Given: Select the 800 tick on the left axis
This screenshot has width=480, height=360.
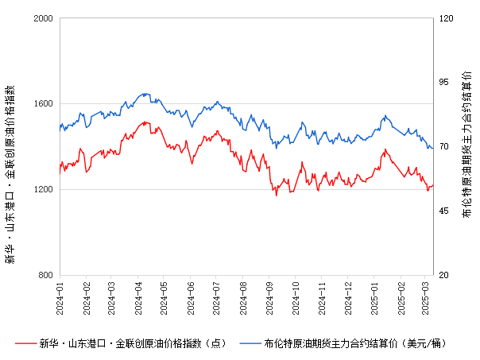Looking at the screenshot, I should tap(46, 275).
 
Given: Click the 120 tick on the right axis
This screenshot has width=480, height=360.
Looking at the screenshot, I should tap(447, 17).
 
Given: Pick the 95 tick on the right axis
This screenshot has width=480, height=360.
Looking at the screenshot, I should tap(444, 82).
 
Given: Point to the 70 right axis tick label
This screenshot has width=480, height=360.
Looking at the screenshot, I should tap(444, 146).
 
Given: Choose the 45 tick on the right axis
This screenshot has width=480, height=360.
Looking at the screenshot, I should tap(444, 211).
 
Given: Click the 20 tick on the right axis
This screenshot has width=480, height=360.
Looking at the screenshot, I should tap(444, 275).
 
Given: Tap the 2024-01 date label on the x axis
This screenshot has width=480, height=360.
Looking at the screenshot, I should tap(60, 296).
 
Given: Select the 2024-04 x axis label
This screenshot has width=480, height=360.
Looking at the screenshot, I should tap(138, 296).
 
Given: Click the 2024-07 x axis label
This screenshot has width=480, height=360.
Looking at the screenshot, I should tap(216, 296).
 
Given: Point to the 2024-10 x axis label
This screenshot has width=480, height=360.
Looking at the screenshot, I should tap(296, 296).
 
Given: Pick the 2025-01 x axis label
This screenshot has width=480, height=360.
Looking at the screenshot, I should tap(375, 296).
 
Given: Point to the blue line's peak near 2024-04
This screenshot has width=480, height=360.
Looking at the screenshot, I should tap(144, 93).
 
